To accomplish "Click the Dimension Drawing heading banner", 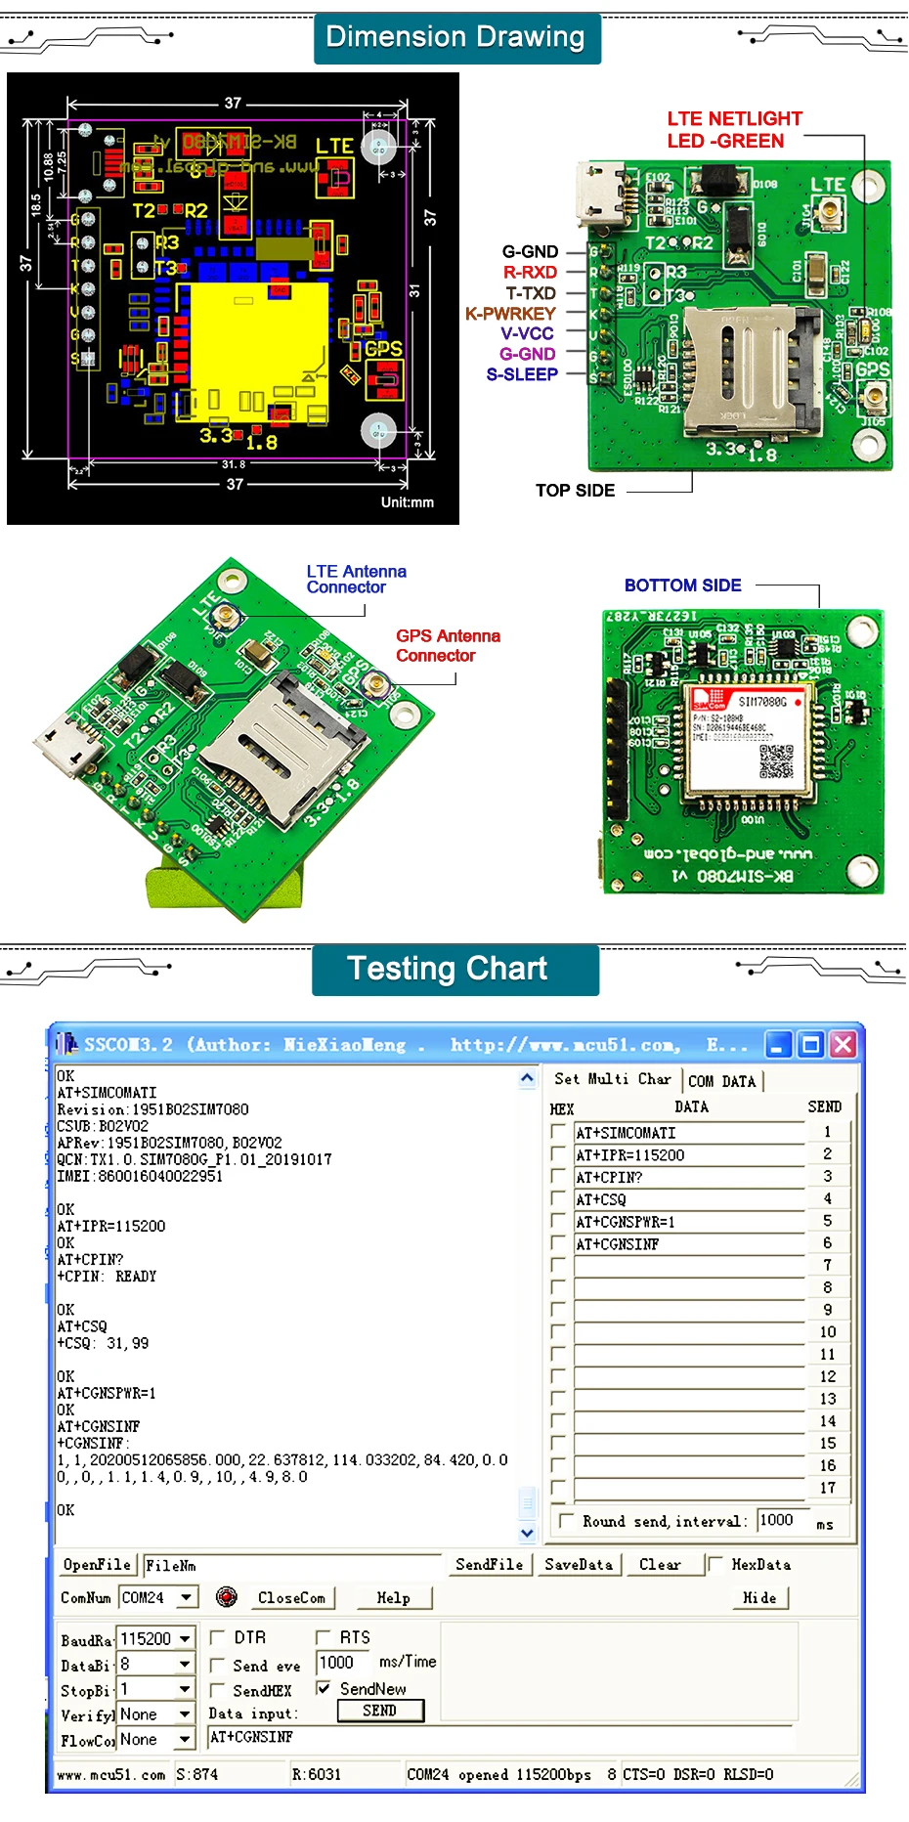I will coord(455,38).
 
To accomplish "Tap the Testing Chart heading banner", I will coord(448,969).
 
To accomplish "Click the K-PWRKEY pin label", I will coord(510,314).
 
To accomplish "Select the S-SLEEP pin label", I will coord(522,374).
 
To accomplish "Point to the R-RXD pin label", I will coord(530,273).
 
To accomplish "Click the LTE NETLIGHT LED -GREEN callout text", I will coord(733,130).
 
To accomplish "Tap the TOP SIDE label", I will coord(575,491).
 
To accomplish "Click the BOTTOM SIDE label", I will coord(682,586).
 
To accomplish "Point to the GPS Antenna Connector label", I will coord(448,645).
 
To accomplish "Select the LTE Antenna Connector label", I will coord(356,580).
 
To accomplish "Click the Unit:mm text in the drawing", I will coord(407,502).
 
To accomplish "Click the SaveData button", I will coord(579,1565).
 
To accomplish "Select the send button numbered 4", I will coord(827,1199).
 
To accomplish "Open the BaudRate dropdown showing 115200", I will coord(185,1638).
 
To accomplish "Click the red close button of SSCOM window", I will coord(844,1045).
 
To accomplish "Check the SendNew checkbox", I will coord(324,1688).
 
